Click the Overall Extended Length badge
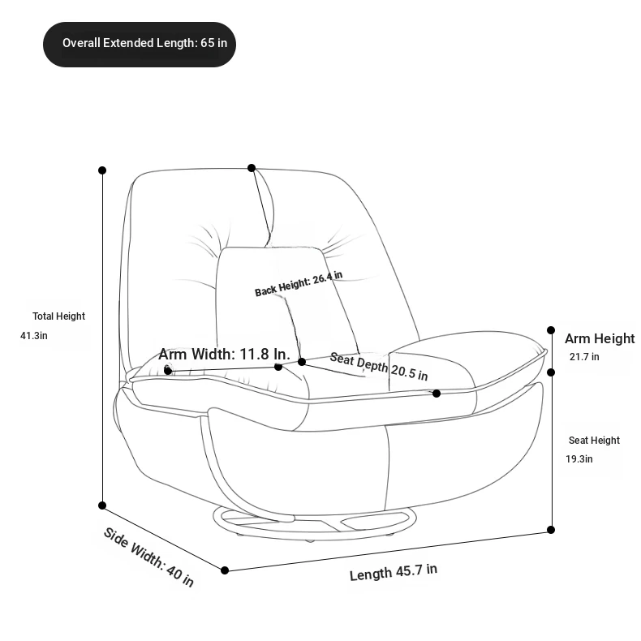coord(140,45)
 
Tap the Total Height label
coord(59,316)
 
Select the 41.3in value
coord(34,336)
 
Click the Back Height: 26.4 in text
coord(299,283)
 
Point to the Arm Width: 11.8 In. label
coord(224,354)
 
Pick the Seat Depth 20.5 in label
coord(379,366)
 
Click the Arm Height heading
coord(600,338)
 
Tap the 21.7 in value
coord(584,357)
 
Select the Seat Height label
coord(594,441)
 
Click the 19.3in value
coord(579,459)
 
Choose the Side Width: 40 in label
coord(148,557)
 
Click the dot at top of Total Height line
coord(102,170)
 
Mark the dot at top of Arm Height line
coord(551,330)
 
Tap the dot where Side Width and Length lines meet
coord(225,570)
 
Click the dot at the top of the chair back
coord(252,168)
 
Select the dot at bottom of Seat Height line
coord(551,530)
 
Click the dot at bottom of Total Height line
coord(102,505)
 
